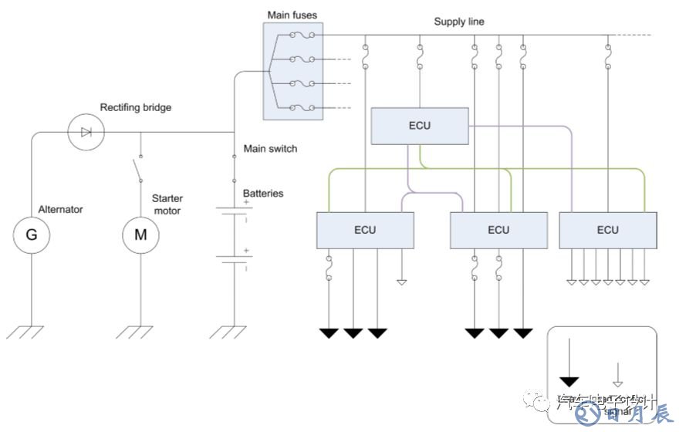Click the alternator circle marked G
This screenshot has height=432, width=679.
32,235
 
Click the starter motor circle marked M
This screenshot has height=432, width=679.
140,235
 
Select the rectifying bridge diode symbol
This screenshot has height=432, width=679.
86,133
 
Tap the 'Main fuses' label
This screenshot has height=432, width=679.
292,15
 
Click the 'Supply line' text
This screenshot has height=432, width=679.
459,22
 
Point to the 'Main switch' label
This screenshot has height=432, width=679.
270,148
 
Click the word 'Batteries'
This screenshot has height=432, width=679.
263,193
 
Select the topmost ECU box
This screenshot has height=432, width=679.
420,126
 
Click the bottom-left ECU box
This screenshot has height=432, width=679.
365,230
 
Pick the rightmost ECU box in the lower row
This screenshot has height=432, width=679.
607,230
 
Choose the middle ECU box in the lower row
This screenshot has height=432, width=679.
498,230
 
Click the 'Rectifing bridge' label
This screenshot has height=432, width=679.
136,107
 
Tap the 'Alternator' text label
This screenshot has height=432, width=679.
60,209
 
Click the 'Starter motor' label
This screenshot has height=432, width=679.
167,204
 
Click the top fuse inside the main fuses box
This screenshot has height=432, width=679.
299,35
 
